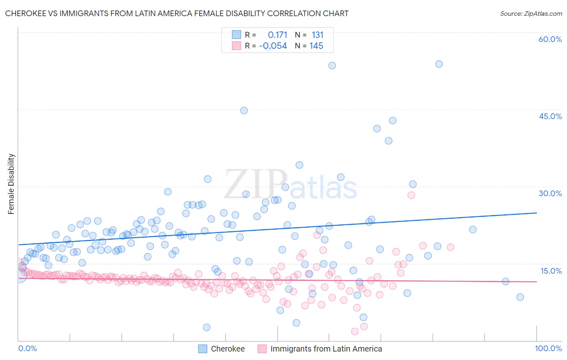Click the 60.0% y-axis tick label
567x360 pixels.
[x=550, y=39]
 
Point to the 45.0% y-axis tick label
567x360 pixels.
[x=550, y=116]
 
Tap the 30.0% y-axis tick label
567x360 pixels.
[x=550, y=193]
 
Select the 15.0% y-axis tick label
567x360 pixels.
[x=550, y=271]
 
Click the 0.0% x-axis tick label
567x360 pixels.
[x=27, y=348]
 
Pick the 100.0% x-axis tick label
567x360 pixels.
[x=548, y=348]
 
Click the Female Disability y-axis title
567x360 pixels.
[x=11, y=184]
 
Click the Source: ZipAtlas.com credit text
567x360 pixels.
[x=531, y=13]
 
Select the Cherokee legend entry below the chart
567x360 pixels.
[x=227, y=349]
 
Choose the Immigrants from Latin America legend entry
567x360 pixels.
[x=326, y=349]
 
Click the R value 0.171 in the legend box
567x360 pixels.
[x=277, y=35]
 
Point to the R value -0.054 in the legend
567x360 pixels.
[x=273, y=46]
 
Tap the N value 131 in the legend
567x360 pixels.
[x=317, y=35]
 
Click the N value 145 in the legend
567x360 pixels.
[x=316, y=46]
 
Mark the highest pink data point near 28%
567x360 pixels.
[x=411, y=195]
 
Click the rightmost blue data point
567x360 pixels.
[x=520, y=297]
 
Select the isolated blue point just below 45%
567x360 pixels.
[x=244, y=111]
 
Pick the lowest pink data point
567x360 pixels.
[x=355, y=331]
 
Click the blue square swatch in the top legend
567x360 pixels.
[x=236, y=35]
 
